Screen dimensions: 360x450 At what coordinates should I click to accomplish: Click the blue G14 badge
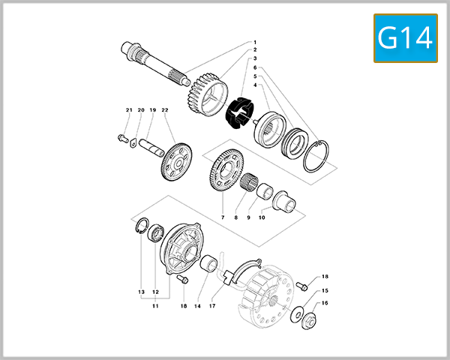(x=405, y=38)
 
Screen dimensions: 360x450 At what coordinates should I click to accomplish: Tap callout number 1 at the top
(x=255, y=43)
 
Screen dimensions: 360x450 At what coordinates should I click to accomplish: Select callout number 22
(x=164, y=110)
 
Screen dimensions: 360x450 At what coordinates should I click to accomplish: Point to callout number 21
(x=128, y=110)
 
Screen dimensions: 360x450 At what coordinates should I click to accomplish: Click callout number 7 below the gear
(x=223, y=217)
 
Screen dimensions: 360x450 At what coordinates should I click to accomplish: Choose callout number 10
(x=262, y=217)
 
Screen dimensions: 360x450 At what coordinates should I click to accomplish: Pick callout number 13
(x=140, y=291)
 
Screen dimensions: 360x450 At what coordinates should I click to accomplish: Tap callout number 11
(x=155, y=306)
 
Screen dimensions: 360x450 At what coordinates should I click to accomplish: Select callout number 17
(x=212, y=306)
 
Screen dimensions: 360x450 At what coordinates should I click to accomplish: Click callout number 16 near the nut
(x=325, y=304)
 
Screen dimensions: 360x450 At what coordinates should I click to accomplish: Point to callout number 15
(x=325, y=290)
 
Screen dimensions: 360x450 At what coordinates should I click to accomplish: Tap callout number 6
(x=255, y=67)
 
